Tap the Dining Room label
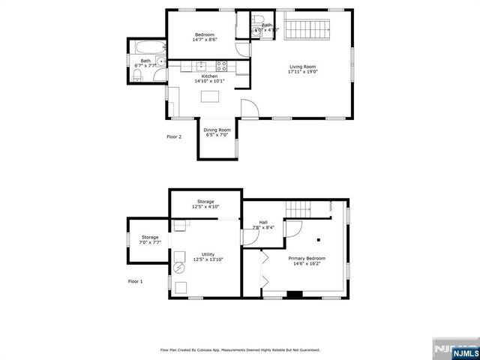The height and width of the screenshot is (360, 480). [x=217, y=133]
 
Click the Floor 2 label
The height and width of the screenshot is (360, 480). [x=174, y=136]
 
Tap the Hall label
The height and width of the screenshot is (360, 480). [x=264, y=222]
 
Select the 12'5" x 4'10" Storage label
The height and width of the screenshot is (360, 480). [x=205, y=204]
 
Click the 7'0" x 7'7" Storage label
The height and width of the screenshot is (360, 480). [x=150, y=240]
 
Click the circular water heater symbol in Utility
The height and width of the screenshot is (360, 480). [x=179, y=268]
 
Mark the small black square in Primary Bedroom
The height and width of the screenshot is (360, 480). [x=319, y=240]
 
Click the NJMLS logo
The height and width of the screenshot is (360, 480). [x=452, y=349]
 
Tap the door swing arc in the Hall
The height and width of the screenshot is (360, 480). [x=295, y=230]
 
